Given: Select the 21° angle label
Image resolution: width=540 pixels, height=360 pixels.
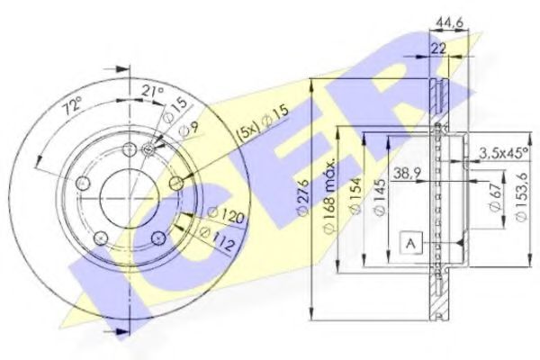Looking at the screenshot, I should coord(153,91).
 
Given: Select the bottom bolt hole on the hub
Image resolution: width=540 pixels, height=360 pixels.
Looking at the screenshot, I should coord(157,237).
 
